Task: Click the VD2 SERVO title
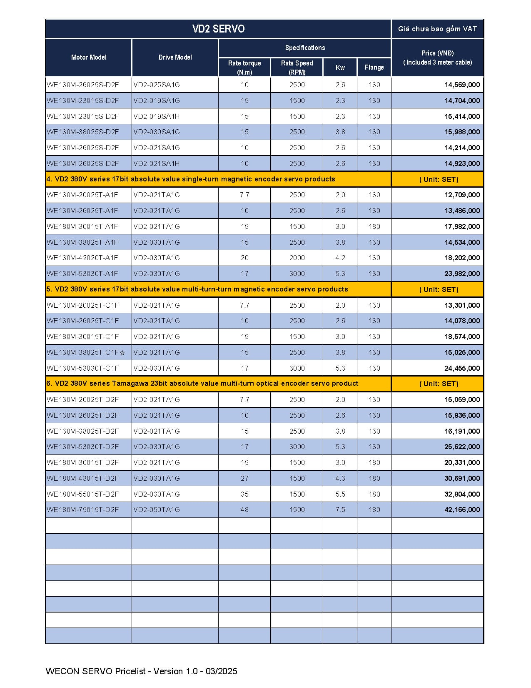(x=218, y=29)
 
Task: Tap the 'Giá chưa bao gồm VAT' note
(x=437, y=29)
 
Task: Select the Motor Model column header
(x=89, y=58)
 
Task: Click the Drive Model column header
(x=175, y=58)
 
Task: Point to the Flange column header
(x=374, y=67)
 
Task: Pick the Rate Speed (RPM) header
(x=297, y=68)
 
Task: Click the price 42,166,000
(x=462, y=510)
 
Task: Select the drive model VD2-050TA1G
(x=157, y=510)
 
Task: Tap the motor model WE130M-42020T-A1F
(x=82, y=258)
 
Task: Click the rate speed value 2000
(x=297, y=258)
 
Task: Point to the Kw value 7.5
(x=340, y=510)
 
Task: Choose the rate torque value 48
(x=244, y=510)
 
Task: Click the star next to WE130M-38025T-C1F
(x=122, y=353)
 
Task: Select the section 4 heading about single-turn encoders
(x=191, y=179)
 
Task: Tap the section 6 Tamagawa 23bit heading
(x=202, y=384)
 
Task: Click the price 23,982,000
(x=462, y=274)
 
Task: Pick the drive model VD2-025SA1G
(x=157, y=85)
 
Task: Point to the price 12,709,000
(x=462, y=195)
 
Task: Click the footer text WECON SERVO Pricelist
(x=142, y=671)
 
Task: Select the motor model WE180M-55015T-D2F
(x=83, y=494)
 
